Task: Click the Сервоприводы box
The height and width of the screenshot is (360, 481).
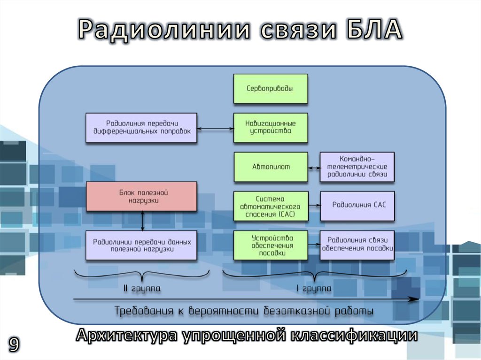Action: tap(271, 88)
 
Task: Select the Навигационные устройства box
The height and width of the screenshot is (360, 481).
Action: tap(271, 128)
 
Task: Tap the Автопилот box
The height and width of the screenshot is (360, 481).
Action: tap(271, 167)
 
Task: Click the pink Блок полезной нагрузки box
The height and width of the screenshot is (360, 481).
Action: tap(141, 197)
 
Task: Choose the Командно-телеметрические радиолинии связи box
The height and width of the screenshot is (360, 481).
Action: tap(357, 167)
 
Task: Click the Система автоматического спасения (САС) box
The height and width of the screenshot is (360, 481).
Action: tap(271, 206)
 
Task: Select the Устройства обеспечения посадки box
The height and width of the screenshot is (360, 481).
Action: tap(271, 245)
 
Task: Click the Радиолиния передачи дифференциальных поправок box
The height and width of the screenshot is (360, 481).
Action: tap(141, 128)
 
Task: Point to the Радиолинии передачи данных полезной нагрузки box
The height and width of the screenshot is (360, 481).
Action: tap(141, 245)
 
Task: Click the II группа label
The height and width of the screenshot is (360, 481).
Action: tap(142, 288)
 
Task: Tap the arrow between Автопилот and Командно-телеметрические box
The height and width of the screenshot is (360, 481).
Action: tap(314, 167)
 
